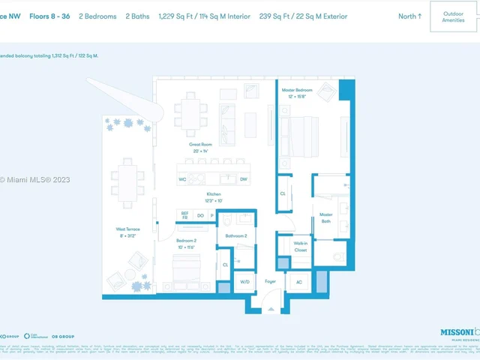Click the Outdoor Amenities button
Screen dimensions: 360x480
click(x=453, y=16)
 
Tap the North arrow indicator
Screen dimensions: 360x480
click(x=409, y=16)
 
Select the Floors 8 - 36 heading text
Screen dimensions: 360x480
click(x=49, y=16)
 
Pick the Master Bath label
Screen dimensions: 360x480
click(x=325, y=217)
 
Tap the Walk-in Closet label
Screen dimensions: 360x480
click(x=300, y=247)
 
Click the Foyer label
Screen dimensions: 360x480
click(x=271, y=281)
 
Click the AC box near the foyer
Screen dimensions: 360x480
click(x=298, y=282)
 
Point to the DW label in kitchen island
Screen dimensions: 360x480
click(x=243, y=179)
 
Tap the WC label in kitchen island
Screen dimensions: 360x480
click(x=182, y=179)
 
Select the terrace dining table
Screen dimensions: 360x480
click(x=127, y=182)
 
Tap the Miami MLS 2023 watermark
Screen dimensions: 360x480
click(x=35, y=179)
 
